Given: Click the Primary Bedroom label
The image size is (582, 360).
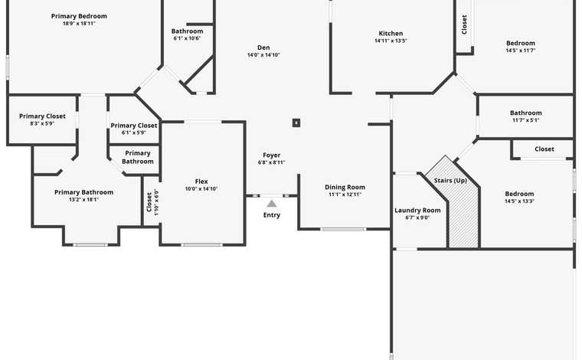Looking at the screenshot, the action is (x=79, y=16).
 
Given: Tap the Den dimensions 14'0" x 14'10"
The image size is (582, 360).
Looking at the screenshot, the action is (x=263, y=55).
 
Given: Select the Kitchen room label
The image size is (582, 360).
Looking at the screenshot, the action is (x=391, y=34).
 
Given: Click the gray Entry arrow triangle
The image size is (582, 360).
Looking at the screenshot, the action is (x=272, y=204).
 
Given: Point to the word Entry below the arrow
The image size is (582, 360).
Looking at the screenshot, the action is (x=272, y=215).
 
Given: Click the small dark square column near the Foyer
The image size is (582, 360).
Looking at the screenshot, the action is (x=296, y=123).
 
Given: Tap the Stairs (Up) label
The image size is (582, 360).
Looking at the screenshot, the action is (x=450, y=181).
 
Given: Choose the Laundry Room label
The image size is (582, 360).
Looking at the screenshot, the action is (x=417, y=211).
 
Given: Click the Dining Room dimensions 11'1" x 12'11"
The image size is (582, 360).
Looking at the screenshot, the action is (x=345, y=195).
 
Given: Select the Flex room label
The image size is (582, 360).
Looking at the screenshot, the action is (x=201, y=182).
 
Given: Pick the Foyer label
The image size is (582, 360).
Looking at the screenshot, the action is (x=272, y=155).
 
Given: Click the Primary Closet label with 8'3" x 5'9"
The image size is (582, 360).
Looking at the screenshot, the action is (x=42, y=116).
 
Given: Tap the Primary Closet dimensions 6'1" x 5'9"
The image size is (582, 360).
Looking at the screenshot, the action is (x=133, y=133).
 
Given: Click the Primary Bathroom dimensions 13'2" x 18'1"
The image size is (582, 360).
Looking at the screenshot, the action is (x=84, y=200).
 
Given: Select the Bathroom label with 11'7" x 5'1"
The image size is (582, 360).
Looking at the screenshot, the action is (x=525, y=113).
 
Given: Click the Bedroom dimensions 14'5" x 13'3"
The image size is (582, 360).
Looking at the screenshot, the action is (x=519, y=201).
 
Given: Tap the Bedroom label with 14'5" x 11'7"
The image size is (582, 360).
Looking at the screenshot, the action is (x=521, y=43).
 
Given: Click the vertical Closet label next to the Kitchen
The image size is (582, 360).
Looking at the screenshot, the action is (x=464, y=25).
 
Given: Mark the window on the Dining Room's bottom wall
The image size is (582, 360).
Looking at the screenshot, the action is (x=343, y=229).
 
